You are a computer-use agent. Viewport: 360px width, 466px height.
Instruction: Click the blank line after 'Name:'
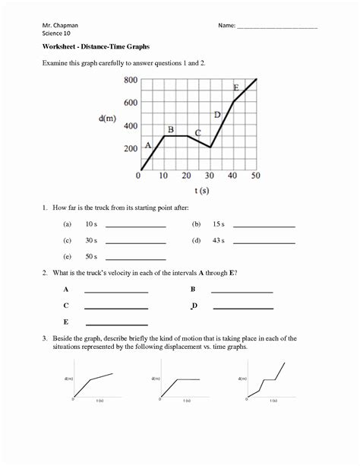click(x=277, y=28)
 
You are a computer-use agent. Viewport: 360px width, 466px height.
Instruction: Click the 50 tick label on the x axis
click(x=255, y=176)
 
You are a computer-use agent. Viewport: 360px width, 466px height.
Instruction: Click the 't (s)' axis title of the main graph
click(x=201, y=191)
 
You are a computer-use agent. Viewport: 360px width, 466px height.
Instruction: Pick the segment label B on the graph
click(x=171, y=128)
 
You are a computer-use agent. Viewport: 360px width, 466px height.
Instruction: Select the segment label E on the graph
click(x=236, y=87)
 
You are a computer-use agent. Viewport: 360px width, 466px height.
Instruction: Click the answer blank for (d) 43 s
click(x=264, y=243)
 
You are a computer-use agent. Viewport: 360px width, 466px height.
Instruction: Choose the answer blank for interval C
click(x=115, y=308)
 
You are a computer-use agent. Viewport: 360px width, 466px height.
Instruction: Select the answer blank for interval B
click(x=242, y=291)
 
